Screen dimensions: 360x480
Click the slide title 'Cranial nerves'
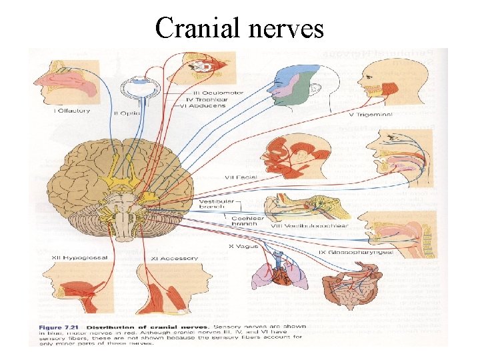[240, 29]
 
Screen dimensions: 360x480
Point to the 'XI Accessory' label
[168, 258]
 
